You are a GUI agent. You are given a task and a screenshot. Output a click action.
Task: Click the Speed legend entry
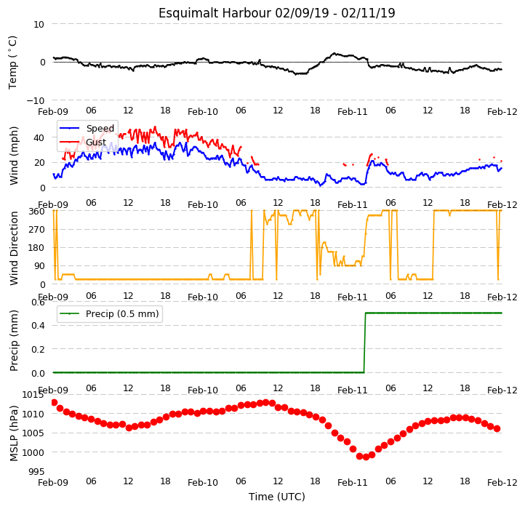pyautogui.click(x=87, y=128)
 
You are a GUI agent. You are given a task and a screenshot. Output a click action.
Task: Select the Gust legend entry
pyautogui.click(x=83, y=142)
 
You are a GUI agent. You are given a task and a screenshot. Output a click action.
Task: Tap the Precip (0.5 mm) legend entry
pyautogui.click(x=109, y=314)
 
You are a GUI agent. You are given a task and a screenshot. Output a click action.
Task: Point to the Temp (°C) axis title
pyautogui.click(x=12, y=63)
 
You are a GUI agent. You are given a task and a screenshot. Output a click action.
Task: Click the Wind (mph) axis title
pyautogui.click(x=13, y=156)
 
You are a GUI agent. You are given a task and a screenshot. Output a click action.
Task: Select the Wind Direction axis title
pyautogui.click(x=13, y=248)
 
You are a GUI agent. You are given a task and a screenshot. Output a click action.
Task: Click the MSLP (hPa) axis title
pyautogui.click(x=13, y=433)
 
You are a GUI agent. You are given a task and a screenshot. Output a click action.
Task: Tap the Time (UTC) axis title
pyautogui.click(x=276, y=496)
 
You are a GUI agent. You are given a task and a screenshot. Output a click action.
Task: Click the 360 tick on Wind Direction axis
pyautogui.click(x=37, y=212)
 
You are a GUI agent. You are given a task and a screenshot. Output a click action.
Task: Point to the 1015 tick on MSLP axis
pyautogui.click(x=33, y=395)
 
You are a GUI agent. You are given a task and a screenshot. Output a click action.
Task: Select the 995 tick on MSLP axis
pyautogui.click(x=37, y=472)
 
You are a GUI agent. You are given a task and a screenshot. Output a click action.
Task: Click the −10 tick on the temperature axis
pyautogui.click(x=36, y=100)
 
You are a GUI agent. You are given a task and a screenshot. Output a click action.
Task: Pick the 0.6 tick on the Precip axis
pyautogui.click(x=38, y=302)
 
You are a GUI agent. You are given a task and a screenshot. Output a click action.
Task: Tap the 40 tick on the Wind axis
pyautogui.click(x=39, y=137)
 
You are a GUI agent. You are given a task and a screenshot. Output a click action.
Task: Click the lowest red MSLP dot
pyautogui.click(x=366, y=457)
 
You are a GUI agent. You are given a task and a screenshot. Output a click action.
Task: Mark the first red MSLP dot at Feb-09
pyautogui.click(x=55, y=403)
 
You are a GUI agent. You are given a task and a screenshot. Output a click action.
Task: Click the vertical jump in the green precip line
pyautogui.click(x=364, y=342)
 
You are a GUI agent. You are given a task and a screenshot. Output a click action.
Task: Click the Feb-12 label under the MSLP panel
pyautogui.click(x=502, y=483)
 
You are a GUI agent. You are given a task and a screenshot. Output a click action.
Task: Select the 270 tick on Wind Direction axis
pyautogui.click(x=37, y=230)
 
